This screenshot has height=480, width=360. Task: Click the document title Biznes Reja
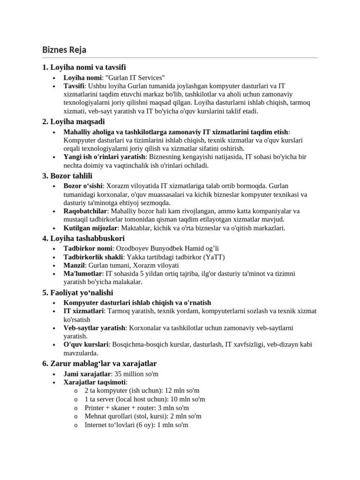[x=64, y=50]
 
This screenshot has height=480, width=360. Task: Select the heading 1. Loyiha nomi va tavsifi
[x=84, y=67]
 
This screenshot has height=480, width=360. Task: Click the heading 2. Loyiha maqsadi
[x=74, y=122]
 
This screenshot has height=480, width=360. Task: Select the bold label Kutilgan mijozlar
[x=90, y=228]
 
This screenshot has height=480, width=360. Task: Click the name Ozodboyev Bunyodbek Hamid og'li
[x=167, y=248]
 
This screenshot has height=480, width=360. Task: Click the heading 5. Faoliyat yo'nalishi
[x=84, y=292]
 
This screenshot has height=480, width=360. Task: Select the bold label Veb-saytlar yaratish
[x=94, y=328]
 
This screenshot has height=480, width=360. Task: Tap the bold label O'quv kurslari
[x=85, y=345]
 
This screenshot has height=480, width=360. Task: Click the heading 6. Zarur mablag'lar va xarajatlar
[x=99, y=364]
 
